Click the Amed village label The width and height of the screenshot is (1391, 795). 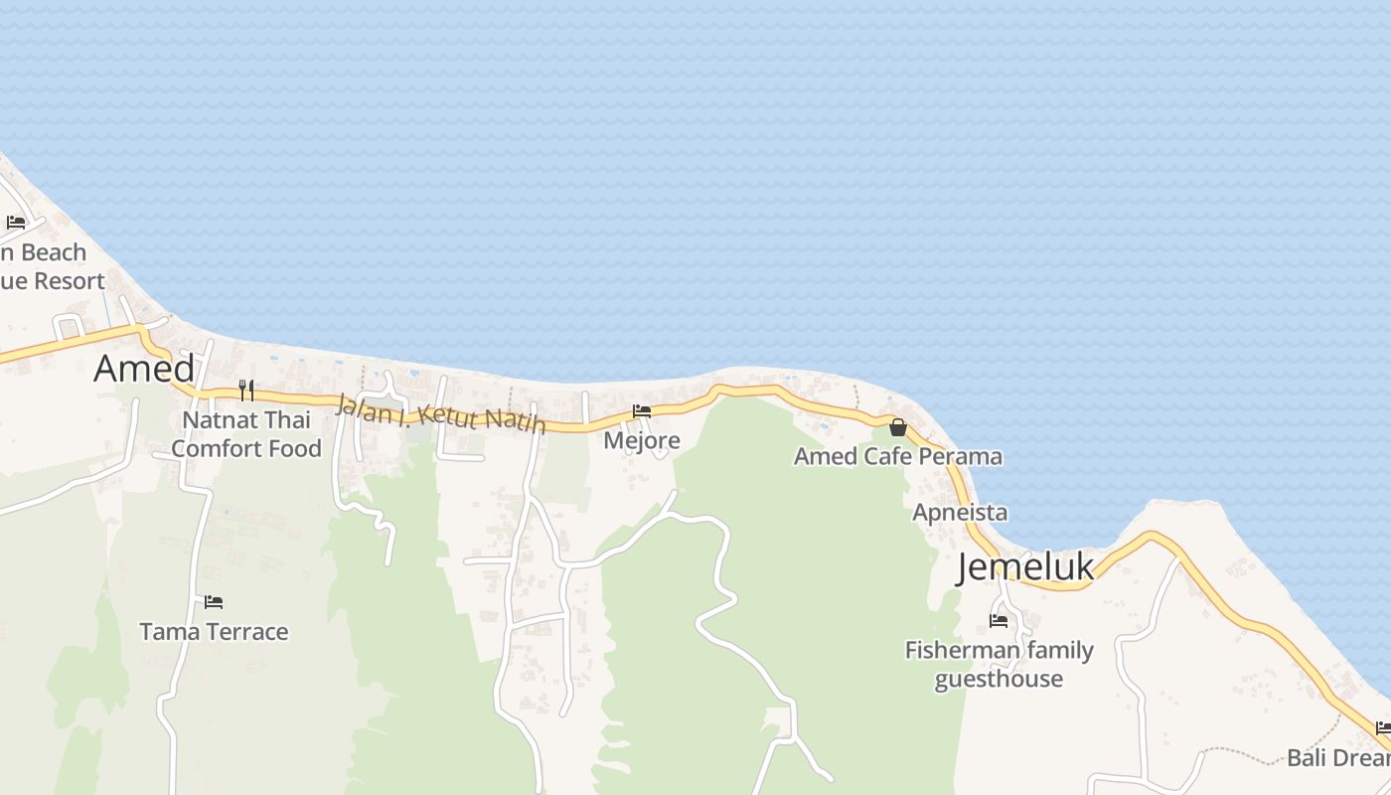(x=144, y=369)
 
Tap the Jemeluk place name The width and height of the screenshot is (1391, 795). (x=1025, y=566)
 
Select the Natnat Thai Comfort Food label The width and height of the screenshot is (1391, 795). (x=246, y=434)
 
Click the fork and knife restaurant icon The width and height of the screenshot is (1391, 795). (x=246, y=390)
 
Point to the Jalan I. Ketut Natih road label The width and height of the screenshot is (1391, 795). (x=441, y=414)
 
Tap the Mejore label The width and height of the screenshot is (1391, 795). (x=642, y=440)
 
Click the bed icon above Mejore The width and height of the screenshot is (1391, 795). (x=642, y=410)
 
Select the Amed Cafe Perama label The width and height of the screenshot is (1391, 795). (x=898, y=457)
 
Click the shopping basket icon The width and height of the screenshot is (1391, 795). (x=898, y=427)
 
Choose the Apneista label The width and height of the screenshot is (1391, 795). (x=960, y=513)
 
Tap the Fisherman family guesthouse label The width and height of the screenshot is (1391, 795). (x=999, y=664)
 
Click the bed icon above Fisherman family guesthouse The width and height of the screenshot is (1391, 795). (x=999, y=621)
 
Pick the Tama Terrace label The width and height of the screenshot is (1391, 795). (x=214, y=632)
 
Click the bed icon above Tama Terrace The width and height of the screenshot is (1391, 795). (x=214, y=602)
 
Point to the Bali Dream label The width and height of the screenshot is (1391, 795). (x=1338, y=758)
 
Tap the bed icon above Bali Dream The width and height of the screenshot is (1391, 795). (x=1383, y=728)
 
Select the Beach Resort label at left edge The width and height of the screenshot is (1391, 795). (x=50, y=266)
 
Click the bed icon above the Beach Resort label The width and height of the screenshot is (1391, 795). (x=16, y=223)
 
